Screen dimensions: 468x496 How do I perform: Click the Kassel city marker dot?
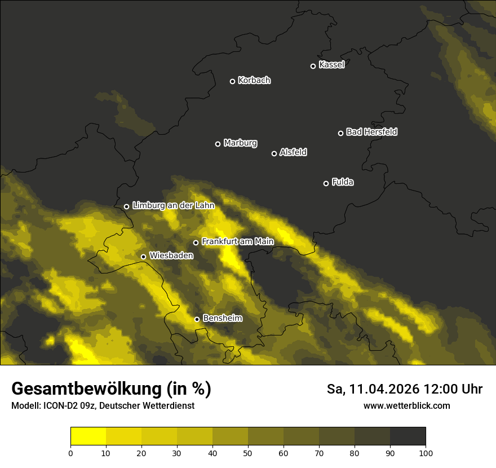313,66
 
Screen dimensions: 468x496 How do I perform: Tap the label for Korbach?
254,81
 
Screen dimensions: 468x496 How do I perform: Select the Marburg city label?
240,143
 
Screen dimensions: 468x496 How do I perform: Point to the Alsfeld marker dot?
274,153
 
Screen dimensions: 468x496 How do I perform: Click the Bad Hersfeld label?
371,132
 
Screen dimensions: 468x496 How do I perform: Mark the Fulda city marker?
326,183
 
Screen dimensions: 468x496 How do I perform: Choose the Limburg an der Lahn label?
173,206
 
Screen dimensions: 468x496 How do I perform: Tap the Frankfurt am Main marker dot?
196,242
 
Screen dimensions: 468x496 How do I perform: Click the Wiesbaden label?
171,256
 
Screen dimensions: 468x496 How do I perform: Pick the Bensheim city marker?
197,319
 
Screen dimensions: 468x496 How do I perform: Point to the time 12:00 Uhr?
453,389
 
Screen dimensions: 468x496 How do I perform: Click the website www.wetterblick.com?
407,406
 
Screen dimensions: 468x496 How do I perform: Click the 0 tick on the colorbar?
70,453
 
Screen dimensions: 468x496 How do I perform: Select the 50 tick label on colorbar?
248,453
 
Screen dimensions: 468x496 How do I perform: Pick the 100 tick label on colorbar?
426,453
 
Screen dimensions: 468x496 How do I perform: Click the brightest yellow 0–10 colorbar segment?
88,436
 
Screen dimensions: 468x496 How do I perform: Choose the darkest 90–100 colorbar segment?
408,436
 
